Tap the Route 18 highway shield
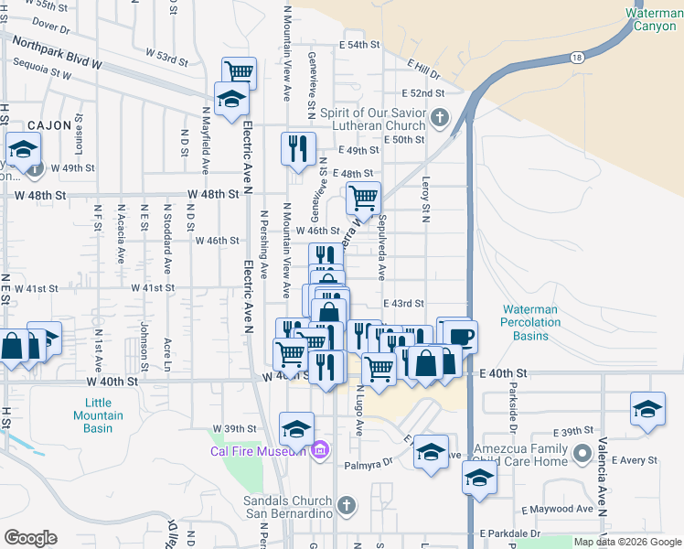(x=576, y=58)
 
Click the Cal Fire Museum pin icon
(x=319, y=450)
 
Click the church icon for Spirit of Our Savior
(x=440, y=116)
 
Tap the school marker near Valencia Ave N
(x=647, y=408)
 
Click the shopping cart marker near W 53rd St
(x=239, y=71)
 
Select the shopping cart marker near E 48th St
(x=363, y=197)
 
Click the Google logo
(x=30, y=538)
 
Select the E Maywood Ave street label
(x=558, y=509)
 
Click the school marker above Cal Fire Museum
(x=296, y=428)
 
